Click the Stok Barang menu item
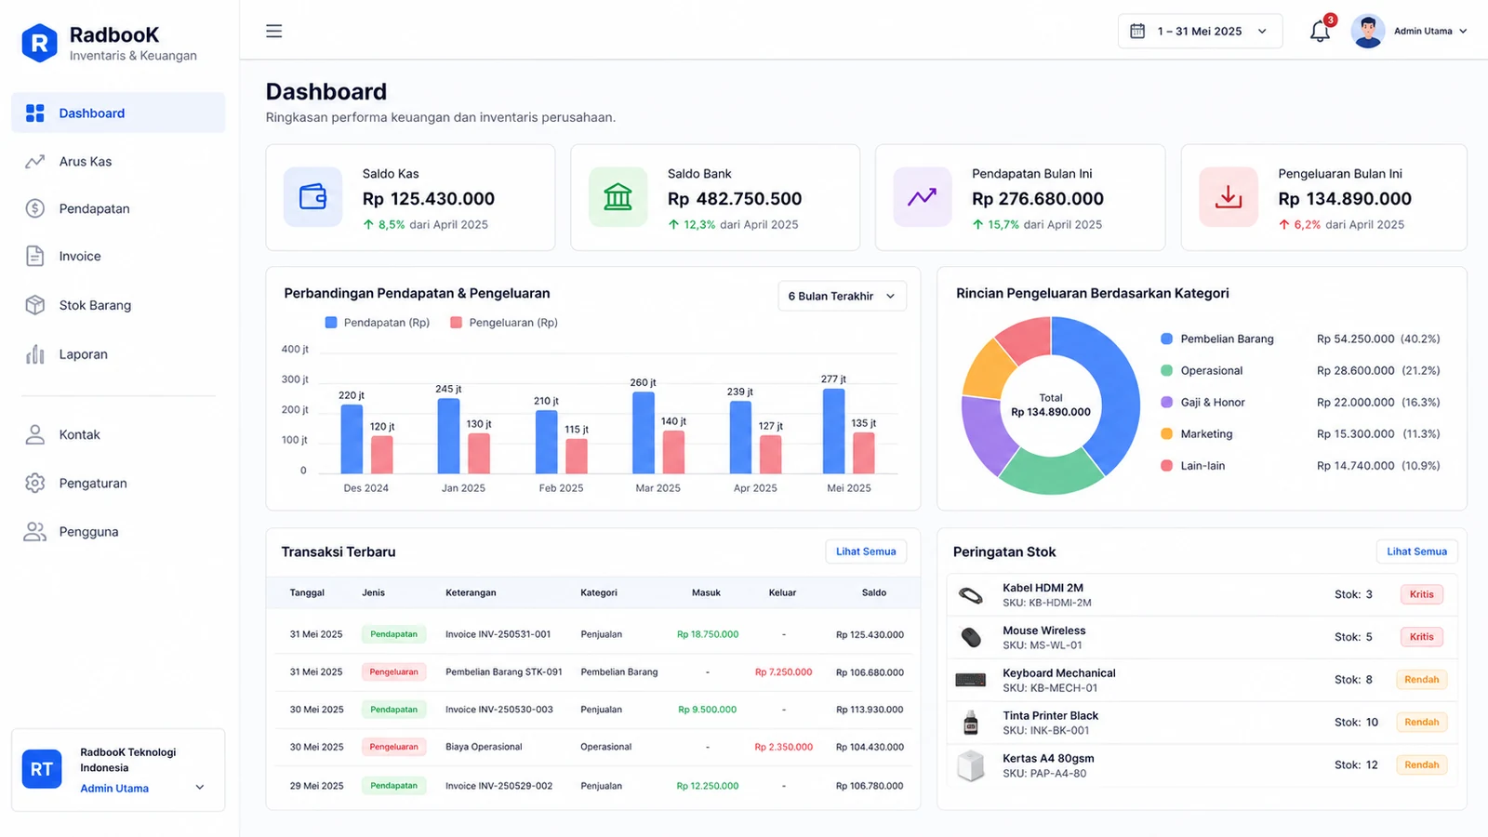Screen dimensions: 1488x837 (x=94, y=305)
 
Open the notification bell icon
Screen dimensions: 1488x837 (x=1320, y=32)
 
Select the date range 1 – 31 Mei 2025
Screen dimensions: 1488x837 (x=1200, y=32)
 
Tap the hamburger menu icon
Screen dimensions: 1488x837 (x=273, y=32)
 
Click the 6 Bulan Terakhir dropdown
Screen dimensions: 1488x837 (x=842, y=297)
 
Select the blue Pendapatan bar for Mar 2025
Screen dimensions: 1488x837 (x=643, y=432)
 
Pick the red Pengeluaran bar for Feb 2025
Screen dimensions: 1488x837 (x=577, y=457)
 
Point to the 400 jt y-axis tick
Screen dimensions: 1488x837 (x=295, y=349)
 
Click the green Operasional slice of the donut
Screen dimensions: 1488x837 (x=1050, y=471)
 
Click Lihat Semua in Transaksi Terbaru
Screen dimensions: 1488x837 (x=866, y=551)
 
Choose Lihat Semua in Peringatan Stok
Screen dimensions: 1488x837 (x=1416, y=551)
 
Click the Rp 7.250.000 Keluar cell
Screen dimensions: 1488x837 (x=783, y=672)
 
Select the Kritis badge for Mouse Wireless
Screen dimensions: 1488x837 (x=1422, y=636)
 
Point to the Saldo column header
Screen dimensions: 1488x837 (x=873, y=592)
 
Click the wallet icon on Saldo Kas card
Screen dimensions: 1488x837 (x=312, y=196)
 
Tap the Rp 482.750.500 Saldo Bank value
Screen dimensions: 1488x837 (x=734, y=199)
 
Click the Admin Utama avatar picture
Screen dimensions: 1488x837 (x=1367, y=32)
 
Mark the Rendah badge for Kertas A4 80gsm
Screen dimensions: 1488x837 (x=1422, y=764)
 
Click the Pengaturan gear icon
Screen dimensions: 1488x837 (x=34, y=483)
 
